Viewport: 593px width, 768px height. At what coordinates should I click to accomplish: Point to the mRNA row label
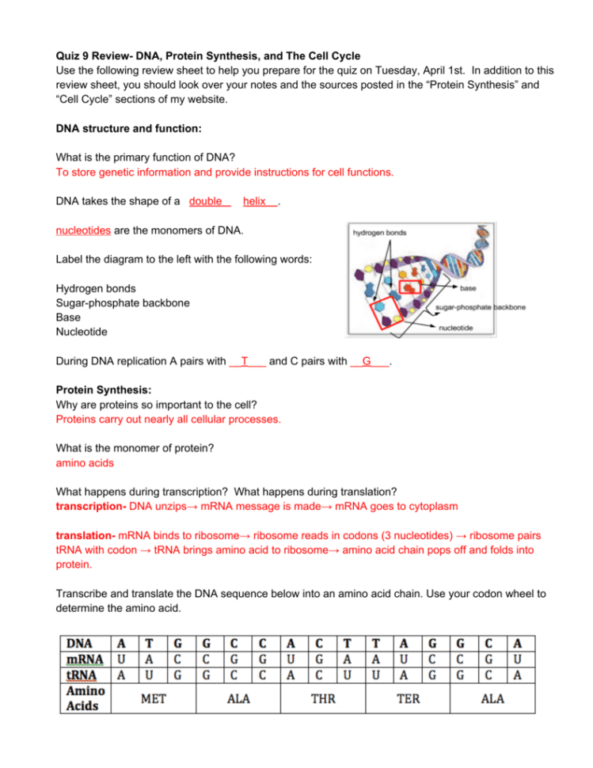84,660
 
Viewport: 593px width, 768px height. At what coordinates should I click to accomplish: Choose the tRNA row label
82,675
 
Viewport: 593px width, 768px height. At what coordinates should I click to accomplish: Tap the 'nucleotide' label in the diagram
457,327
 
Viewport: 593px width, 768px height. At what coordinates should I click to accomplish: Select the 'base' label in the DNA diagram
468,288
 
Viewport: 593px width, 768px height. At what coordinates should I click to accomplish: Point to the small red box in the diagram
410,288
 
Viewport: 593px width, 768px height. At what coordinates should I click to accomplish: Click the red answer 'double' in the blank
206,202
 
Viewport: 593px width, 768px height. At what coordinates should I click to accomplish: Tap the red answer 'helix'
255,202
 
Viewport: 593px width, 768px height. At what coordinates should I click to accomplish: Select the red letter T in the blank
245,362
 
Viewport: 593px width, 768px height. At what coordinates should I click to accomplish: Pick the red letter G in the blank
367,362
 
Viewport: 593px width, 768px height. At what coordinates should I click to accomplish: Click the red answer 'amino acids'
85,462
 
